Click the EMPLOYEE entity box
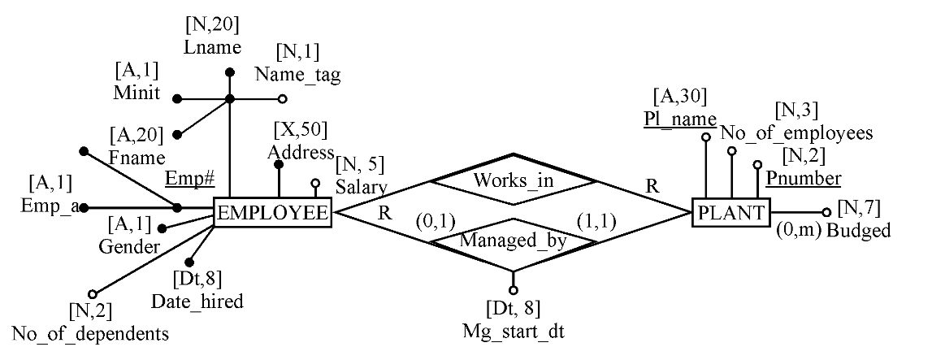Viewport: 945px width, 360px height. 272,214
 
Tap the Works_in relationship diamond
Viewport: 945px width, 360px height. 513,180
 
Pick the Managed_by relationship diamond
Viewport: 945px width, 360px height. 512,241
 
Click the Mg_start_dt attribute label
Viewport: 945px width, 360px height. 513,332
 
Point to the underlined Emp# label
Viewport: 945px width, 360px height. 184,179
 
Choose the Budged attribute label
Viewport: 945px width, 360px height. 858,231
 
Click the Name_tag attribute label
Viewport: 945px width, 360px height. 297,75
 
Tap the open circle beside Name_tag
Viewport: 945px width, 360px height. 283,99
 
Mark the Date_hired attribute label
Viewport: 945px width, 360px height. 197,301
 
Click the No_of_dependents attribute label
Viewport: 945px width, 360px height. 90,333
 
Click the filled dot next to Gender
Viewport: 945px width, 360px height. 162,229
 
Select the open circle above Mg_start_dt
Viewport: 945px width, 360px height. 513,290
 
